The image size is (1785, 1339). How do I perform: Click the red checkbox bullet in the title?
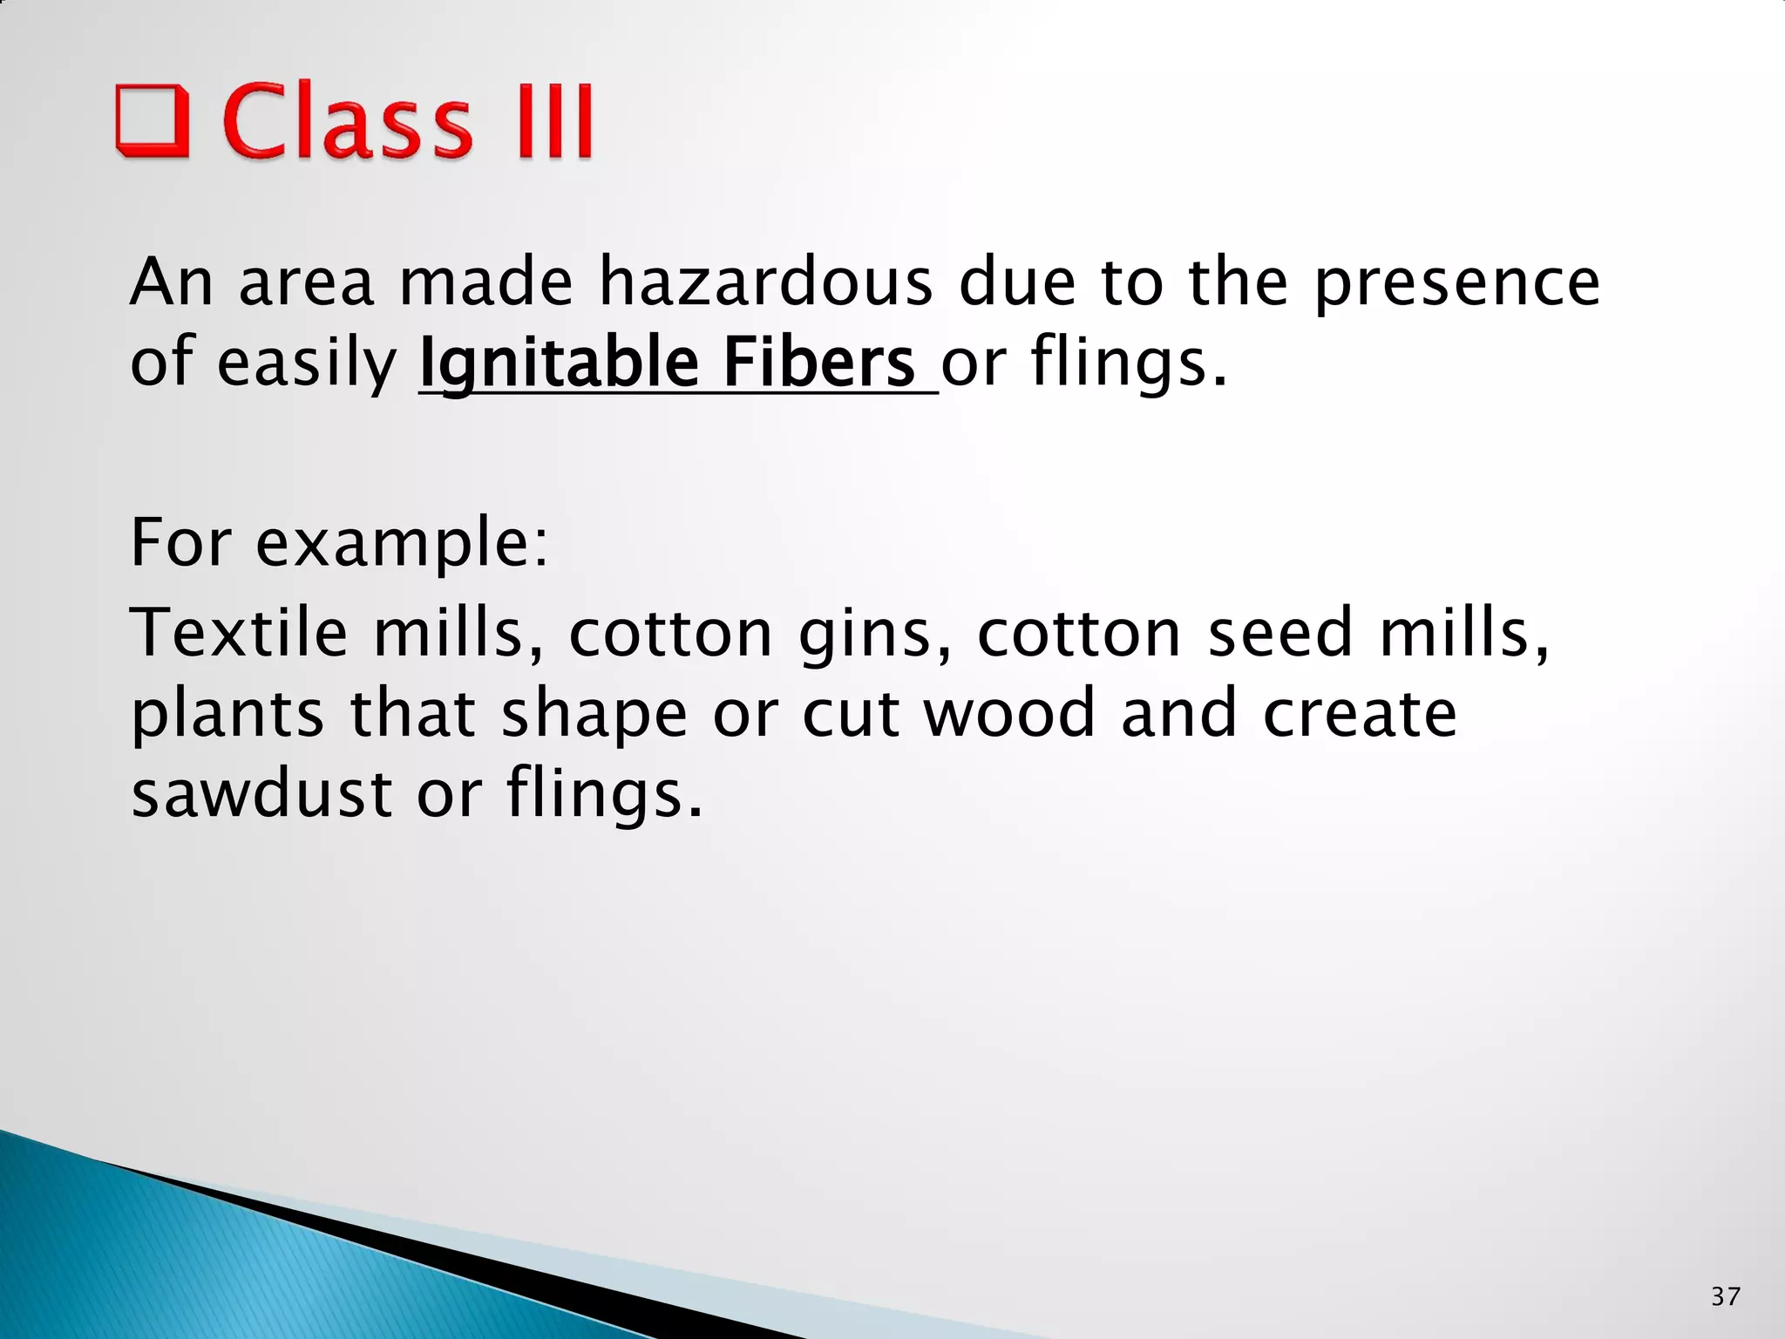pos(152,120)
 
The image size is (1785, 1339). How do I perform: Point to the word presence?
pos(1456,283)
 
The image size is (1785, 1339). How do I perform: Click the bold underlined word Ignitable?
pos(559,364)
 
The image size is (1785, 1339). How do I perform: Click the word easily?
pos(306,364)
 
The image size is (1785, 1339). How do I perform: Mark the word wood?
pos(1008,713)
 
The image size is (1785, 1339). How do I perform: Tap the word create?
pos(1360,713)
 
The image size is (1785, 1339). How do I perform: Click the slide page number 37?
pos(1726,1296)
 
